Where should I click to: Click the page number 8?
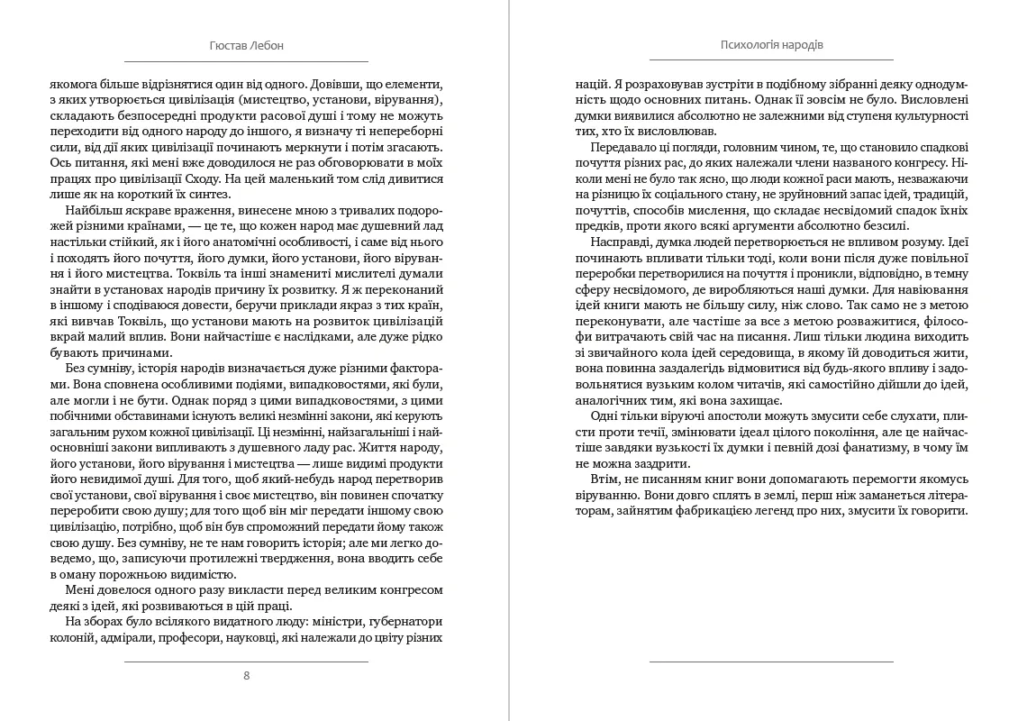pos(247,675)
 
